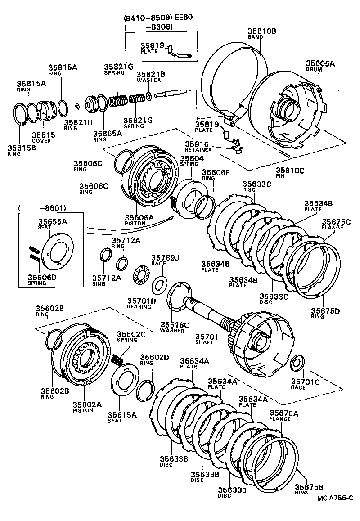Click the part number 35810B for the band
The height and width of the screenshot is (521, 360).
[261, 31]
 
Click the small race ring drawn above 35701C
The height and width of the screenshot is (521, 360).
[297, 362]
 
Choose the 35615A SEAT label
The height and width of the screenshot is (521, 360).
[121, 417]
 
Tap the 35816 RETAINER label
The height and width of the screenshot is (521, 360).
[197, 146]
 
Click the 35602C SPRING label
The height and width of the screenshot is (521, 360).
[131, 337]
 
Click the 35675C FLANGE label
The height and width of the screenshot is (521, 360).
[336, 224]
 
